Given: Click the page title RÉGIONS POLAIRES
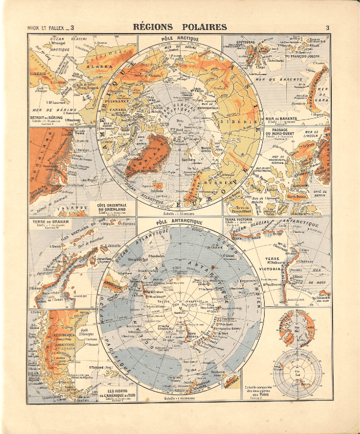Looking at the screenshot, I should (x=179, y=26).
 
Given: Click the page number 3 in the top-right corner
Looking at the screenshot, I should (x=328, y=27).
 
